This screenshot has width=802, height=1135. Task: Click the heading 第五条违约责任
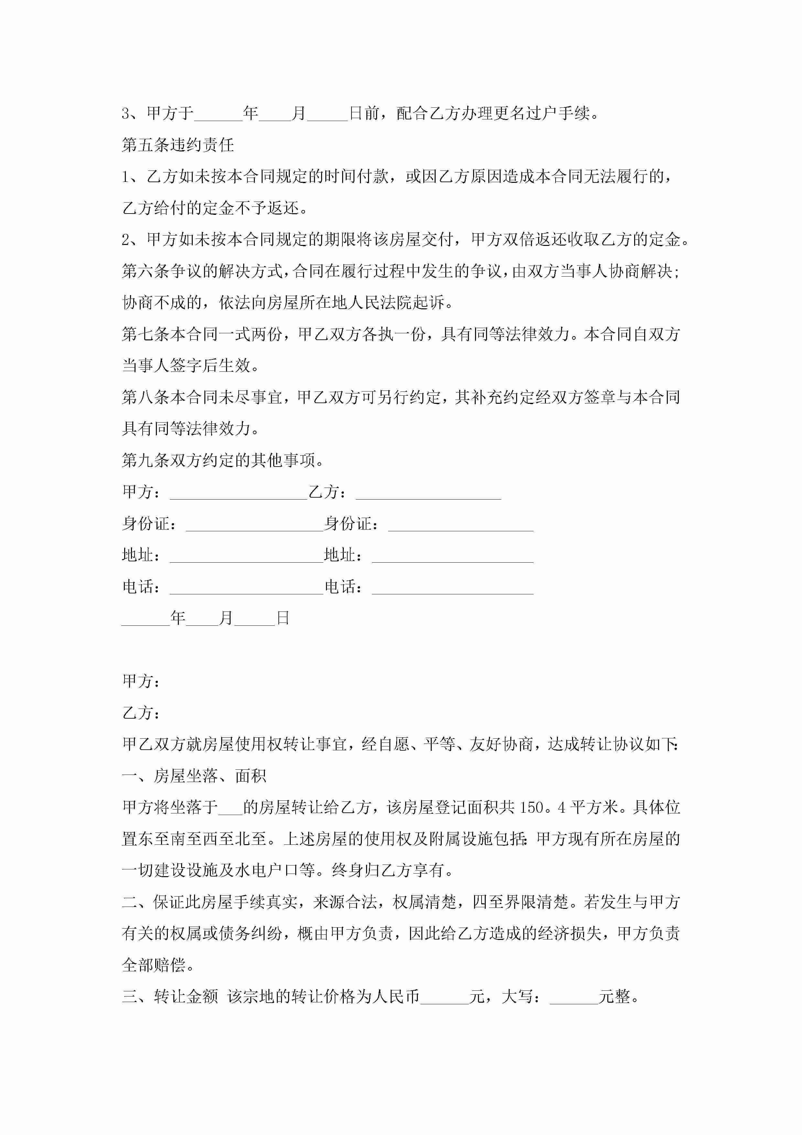(x=178, y=145)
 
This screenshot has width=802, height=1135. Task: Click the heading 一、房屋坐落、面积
(x=194, y=776)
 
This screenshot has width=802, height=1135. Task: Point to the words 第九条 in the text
(x=146, y=461)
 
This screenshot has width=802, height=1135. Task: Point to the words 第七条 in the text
(x=146, y=334)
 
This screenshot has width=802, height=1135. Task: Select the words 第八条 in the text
(x=146, y=397)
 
